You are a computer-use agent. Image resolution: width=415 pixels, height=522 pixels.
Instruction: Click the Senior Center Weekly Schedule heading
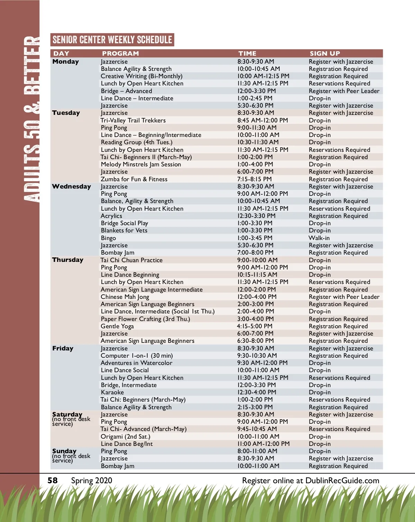pos(112,40)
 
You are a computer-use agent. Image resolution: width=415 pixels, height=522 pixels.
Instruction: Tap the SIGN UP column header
pos(325,54)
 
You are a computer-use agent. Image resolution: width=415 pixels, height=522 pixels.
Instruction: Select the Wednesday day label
pos(71,186)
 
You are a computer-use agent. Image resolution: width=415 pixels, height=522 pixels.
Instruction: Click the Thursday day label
pos(68,260)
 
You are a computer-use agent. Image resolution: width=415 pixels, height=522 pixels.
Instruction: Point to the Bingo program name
pos(108,238)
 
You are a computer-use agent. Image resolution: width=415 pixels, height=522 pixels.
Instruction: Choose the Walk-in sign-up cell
pos(319,238)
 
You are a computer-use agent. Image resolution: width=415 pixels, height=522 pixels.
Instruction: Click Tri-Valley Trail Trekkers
pos(133,120)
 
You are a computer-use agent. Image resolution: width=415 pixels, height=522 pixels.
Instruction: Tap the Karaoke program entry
pos(112,392)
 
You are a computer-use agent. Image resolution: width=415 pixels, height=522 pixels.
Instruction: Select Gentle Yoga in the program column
pos(117,326)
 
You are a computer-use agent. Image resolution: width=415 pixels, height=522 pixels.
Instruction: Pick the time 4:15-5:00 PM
pos(255,326)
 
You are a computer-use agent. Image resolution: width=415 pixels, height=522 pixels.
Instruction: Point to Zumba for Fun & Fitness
pos(134,179)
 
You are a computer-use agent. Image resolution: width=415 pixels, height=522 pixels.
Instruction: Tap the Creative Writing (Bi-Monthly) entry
pos(141,76)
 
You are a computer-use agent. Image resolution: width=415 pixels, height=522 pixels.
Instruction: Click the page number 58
pos(53,480)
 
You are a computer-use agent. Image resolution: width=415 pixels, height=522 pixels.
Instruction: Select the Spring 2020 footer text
pos(92,480)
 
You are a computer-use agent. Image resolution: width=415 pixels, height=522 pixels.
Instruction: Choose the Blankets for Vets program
pos(124,230)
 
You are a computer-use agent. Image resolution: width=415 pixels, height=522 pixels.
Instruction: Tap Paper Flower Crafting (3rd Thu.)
pos(145,319)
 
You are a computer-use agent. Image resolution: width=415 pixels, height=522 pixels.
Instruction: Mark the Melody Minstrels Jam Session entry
pos(141,164)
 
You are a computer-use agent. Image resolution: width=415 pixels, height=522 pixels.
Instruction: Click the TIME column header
pos(247,54)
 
